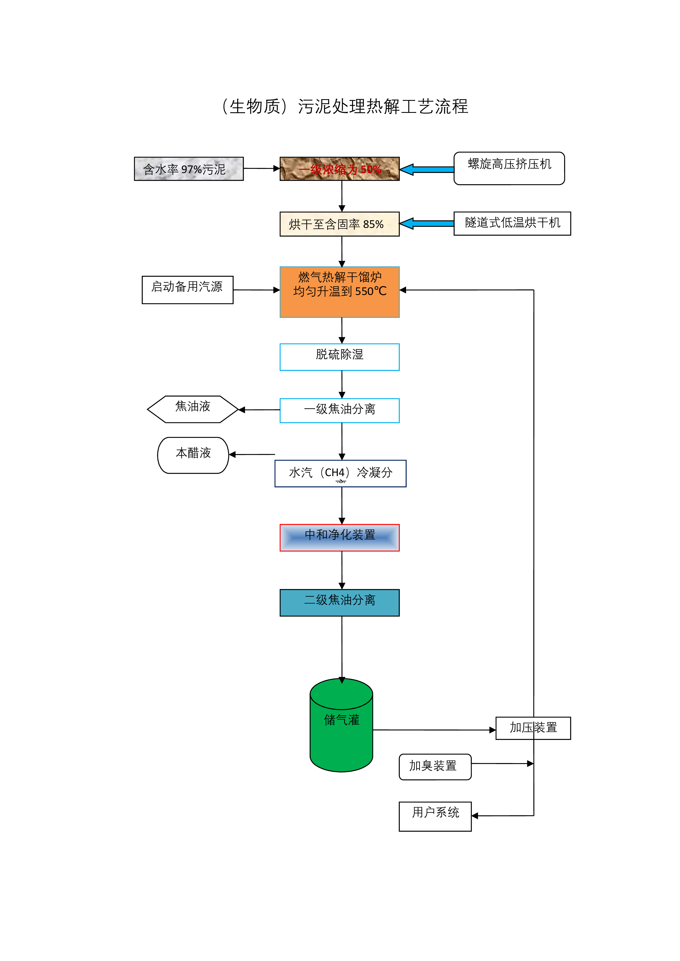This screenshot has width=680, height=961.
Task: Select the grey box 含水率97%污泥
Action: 189,169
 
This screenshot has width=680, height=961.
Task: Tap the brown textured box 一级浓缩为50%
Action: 339,169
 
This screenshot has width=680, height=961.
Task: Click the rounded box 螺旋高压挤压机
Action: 509,168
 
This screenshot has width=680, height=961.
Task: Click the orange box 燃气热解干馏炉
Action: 339,292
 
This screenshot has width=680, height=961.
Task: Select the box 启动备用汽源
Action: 187,290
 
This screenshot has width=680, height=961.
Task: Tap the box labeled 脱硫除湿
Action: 339,357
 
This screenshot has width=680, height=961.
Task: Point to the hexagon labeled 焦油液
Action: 193,409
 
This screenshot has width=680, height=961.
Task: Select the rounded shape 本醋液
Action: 193,455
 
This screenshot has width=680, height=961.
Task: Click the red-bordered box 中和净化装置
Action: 339,537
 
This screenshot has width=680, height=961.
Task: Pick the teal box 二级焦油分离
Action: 339,603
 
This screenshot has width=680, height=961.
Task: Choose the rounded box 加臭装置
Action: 435,767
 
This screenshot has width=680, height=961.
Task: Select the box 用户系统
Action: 435,816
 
